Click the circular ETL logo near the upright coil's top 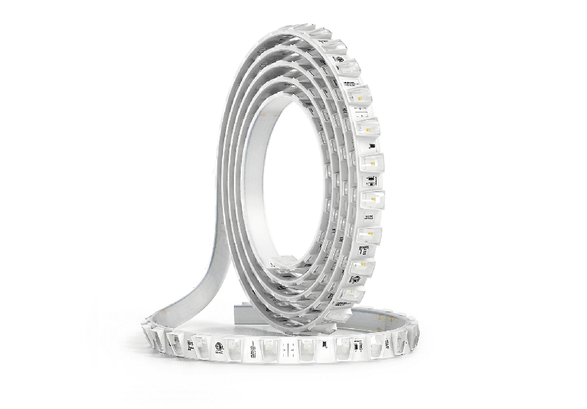coord(340,60)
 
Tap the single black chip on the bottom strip coord(324,345)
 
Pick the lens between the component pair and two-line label coord(373,199)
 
